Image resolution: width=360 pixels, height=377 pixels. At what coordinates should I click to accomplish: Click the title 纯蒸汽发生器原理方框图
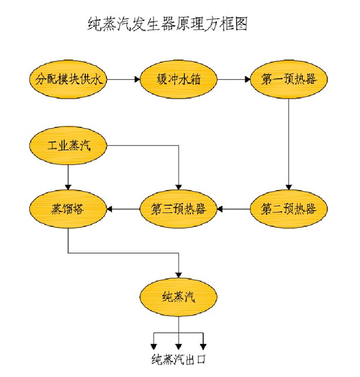168,24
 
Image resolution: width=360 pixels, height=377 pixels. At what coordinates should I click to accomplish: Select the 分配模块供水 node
68,80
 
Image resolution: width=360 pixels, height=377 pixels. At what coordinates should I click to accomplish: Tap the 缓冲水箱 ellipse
178,80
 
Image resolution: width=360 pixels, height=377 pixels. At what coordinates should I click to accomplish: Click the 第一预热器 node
288,80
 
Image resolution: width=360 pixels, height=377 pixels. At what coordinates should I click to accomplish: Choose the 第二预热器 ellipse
288,209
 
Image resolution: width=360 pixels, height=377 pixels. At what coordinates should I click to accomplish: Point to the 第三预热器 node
178,209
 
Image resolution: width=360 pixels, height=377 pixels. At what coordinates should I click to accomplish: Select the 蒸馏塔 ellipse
68,209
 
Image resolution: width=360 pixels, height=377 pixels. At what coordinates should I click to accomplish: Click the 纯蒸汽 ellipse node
178,297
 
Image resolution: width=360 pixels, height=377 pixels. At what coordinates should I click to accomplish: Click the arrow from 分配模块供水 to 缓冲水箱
123,80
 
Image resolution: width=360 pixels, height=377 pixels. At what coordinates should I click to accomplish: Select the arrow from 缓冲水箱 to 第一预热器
233,80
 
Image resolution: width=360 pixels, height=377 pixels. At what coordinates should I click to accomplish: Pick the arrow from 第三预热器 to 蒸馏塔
123,209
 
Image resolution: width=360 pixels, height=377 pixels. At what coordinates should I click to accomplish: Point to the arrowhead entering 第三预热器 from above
178,187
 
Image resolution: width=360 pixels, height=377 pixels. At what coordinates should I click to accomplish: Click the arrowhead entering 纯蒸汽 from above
178,275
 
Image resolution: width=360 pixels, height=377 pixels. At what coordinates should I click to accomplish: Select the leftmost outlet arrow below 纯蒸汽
153,343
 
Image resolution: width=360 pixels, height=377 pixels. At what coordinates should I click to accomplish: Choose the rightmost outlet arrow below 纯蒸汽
203,343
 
